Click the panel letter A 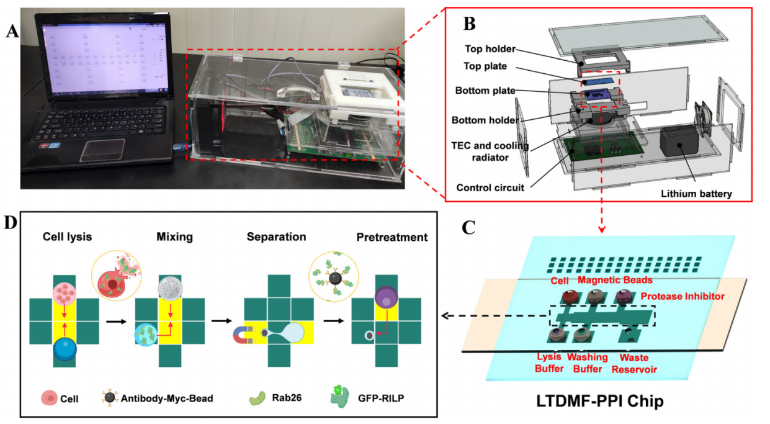click(x=12, y=30)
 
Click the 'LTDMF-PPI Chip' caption click(x=601, y=401)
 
